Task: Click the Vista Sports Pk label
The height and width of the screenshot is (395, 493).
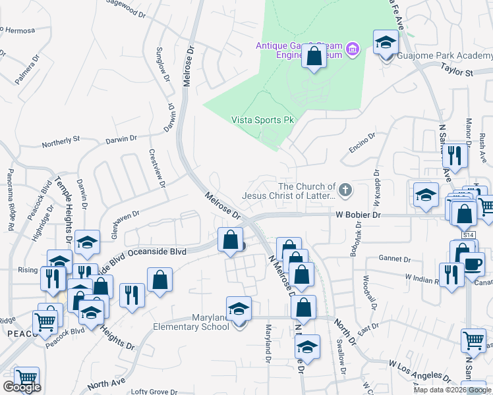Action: [x=262, y=120]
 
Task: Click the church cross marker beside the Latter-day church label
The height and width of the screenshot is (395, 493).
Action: [x=346, y=191]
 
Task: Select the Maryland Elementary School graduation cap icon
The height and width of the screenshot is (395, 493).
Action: [x=239, y=309]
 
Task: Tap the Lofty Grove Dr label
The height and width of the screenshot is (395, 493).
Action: [x=154, y=391]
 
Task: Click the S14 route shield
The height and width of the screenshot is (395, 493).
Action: [x=468, y=235]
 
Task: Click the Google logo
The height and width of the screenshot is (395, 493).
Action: [x=22, y=387]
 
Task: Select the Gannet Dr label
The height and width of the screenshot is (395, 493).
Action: [x=394, y=258]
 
